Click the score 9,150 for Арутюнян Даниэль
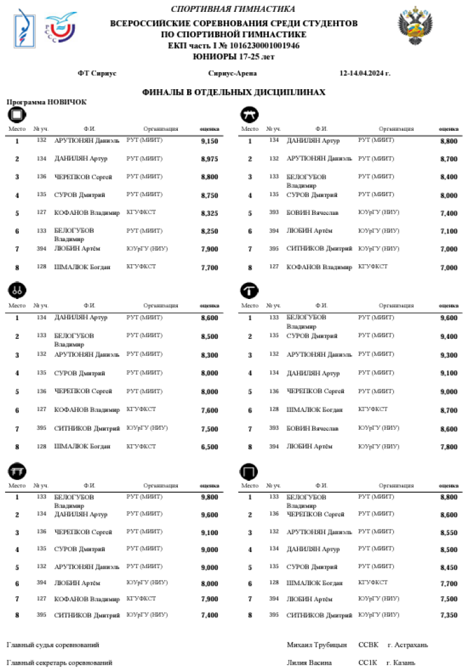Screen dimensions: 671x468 [x=209, y=141]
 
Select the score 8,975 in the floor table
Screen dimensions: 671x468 [x=209, y=159]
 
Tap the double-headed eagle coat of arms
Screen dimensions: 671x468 [x=416, y=26]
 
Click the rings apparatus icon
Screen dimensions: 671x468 [x=17, y=289]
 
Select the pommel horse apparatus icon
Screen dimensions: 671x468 [x=250, y=114]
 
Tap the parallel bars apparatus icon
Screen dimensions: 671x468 [x=17, y=472]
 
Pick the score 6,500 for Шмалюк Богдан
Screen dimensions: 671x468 [x=209, y=447]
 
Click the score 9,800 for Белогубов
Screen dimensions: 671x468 [x=209, y=497]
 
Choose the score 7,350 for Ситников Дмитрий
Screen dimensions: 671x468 [x=449, y=616]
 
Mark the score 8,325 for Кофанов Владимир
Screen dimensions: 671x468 [x=209, y=213]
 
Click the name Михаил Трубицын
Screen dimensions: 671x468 [x=316, y=645]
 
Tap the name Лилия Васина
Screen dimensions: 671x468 [x=310, y=662]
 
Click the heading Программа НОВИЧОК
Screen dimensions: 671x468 [x=47, y=102]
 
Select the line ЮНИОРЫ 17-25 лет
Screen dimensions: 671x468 [x=233, y=57]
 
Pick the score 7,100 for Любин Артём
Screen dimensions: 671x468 [x=449, y=231]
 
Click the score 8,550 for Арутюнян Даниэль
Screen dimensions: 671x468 [x=449, y=533]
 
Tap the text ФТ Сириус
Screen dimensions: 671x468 [x=97, y=73]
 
